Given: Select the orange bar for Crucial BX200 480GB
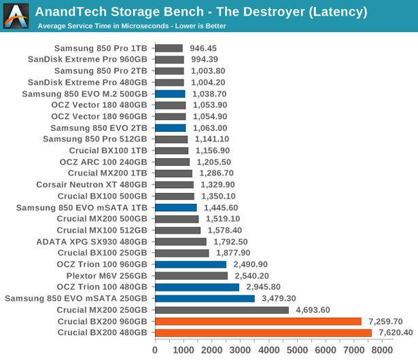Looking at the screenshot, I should [x=263, y=332].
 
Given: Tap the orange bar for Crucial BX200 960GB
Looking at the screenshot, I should [x=258, y=321].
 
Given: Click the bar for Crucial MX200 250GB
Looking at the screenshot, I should [x=222, y=310].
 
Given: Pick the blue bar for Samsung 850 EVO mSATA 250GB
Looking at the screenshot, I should [x=205, y=298].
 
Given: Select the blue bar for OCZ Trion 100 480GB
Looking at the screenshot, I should [x=197, y=287].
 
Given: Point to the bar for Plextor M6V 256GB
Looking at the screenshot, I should [x=191, y=276].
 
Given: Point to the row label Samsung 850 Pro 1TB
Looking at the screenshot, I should [x=101, y=48].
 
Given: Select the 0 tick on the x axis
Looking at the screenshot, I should [x=155, y=350].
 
